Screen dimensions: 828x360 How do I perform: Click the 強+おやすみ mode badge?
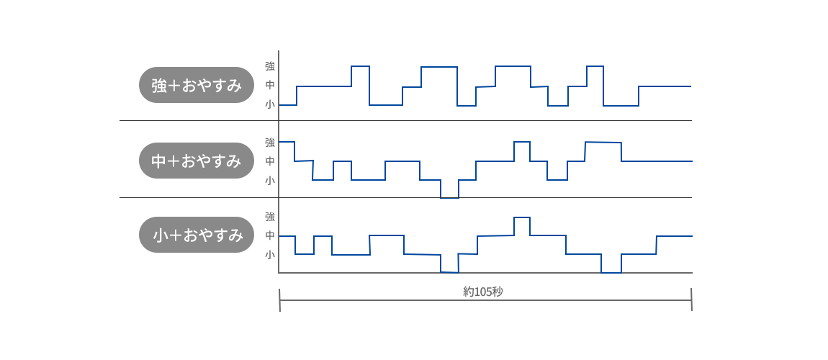pyautogui.click(x=197, y=85)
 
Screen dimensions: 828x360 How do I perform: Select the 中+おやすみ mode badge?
pyautogui.click(x=197, y=161)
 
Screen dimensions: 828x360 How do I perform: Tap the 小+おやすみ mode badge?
pyautogui.click(x=197, y=235)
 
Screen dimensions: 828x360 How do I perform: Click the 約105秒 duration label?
pyautogui.click(x=482, y=292)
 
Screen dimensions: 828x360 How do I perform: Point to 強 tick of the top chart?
pyautogui.click(x=270, y=66)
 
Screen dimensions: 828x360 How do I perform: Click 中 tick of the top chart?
pyautogui.click(x=270, y=85)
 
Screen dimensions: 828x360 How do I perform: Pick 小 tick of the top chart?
pyautogui.click(x=270, y=104)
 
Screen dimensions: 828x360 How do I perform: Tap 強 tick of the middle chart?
pyautogui.click(x=270, y=142)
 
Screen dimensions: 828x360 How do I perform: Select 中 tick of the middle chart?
pyautogui.click(x=270, y=161)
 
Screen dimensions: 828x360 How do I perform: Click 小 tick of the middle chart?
pyautogui.click(x=270, y=181)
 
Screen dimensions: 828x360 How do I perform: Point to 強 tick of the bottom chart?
pyautogui.click(x=270, y=217)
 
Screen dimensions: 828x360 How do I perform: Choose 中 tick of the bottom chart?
pyautogui.click(x=270, y=235)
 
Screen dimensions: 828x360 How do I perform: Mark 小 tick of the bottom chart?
pyautogui.click(x=270, y=255)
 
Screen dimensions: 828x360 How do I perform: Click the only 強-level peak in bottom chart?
pyautogui.click(x=522, y=217)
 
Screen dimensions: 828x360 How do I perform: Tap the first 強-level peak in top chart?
pyautogui.click(x=360, y=66)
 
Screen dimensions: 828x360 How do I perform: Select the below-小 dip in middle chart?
pyautogui.click(x=449, y=197)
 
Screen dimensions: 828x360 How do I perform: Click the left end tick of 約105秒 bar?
pyautogui.click(x=279, y=300)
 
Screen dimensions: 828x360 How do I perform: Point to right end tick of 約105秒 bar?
pyautogui.click(x=691, y=300)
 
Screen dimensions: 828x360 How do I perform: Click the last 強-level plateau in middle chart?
pyautogui.click(x=603, y=143)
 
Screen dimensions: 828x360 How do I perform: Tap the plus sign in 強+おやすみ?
pyautogui.click(x=174, y=86)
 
